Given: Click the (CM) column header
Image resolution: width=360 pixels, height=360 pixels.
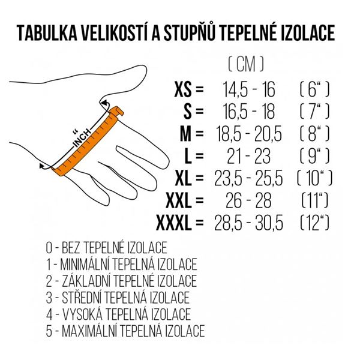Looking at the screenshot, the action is point(246,64).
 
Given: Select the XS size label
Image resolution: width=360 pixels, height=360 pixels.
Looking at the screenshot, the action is point(183,89).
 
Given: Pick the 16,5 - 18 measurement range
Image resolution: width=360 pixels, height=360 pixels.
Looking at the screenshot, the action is point(249,112).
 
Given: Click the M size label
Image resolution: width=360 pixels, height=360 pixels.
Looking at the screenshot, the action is point(185,134).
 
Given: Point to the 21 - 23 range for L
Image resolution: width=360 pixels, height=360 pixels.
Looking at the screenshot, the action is point(248,156).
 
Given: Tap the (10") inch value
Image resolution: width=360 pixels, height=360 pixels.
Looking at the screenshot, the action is point(314,178).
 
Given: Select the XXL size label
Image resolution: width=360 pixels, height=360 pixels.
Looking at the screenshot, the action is point(178,200).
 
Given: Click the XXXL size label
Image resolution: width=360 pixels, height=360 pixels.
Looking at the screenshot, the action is point(173,223).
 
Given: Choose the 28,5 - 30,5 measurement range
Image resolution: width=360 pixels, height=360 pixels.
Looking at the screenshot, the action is point(248,223).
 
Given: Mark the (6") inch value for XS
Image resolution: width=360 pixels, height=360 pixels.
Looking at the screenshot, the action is point(314,89).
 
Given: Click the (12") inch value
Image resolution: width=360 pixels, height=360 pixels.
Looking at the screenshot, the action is point(314,223).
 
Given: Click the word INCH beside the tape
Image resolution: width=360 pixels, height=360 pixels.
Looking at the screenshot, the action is point(82,138).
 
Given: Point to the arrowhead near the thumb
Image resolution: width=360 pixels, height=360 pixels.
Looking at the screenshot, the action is point(105,104).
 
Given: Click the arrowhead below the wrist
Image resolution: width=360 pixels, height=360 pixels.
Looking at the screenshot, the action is point(42,166).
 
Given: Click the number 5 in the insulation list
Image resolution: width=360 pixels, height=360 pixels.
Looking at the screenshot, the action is point(49,331).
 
